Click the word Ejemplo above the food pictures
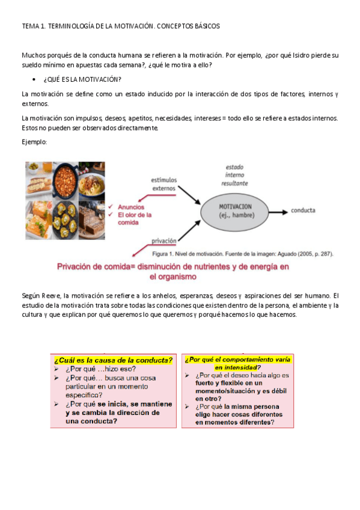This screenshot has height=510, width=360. click(x=34, y=141)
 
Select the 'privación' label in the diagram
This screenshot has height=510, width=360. click(x=164, y=239)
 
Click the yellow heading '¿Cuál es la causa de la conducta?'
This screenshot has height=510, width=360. click(x=113, y=360)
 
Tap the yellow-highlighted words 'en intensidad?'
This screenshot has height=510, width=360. click(x=237, y=367)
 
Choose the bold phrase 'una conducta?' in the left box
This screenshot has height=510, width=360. click(x=91, y=421)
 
